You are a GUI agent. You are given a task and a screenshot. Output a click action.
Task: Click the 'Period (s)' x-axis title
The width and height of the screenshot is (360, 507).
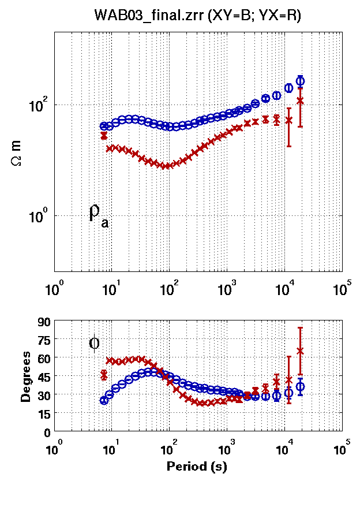pyautogui.click(x=197, y=467)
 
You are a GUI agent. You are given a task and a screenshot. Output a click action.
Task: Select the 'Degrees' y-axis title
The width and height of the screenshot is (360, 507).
pyautogui.click(x=26, y=377)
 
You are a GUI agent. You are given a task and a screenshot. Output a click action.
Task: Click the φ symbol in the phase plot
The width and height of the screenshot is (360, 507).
pyautogui.click(x=95, y=343)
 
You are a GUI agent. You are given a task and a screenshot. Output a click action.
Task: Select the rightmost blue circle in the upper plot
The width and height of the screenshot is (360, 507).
pyautogui.click(x=300, y=81)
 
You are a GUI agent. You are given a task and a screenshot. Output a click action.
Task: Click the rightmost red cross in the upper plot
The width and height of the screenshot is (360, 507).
pyautogui.click(x=300, y=100)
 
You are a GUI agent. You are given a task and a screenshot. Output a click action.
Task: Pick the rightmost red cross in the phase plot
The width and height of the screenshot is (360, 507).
pyautogui.click(x=300, y=351)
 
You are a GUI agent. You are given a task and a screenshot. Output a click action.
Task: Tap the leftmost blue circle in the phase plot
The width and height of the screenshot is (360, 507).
pyautogui.click(x=104, y=400)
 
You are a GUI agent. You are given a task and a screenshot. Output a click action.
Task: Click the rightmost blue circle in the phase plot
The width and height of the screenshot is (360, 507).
pyautogui.click(x=300, y=387)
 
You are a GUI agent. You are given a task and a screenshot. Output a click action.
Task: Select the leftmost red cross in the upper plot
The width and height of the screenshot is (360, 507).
pyautogui.click(x=104, y=136)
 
